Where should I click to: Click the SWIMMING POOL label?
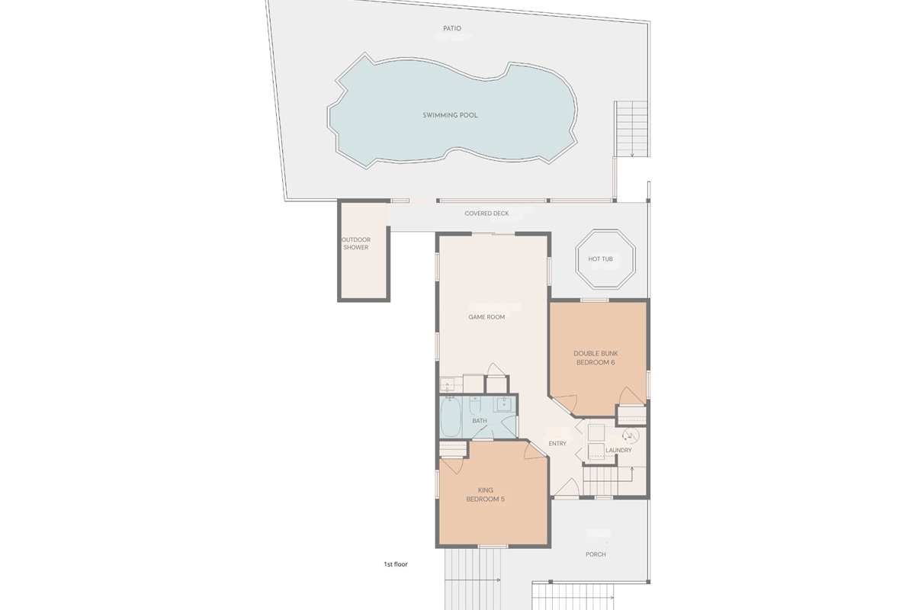point(450,115)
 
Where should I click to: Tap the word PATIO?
point(452,29)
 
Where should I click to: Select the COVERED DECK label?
point(486,213)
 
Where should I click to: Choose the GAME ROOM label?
point(486,317)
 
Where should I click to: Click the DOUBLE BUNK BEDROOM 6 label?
point(596,358)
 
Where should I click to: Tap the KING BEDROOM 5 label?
point(486,495)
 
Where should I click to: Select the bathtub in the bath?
point(451,420)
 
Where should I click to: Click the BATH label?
point(479,421)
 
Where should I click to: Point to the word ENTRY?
point(557,444)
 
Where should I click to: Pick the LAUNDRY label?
point(618,450)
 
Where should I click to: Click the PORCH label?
point(596,554)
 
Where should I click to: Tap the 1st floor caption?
point(396,565)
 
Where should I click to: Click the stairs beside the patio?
point(632,128)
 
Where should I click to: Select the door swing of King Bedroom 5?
point(536,451)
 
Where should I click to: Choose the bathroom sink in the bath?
point(503,405)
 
